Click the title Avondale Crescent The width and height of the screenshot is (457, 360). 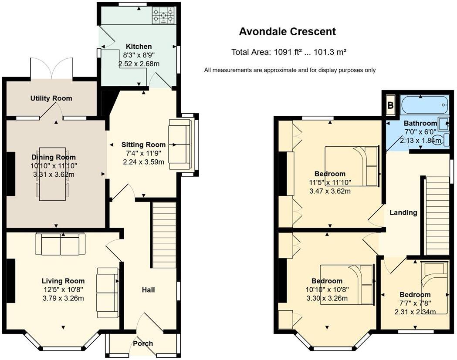click(288, 32)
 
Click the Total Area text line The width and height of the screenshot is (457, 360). click(289, 53)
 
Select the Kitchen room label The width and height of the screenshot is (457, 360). click(139, 47)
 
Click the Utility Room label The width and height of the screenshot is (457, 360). click(51, 98)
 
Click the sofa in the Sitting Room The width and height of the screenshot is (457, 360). click(179, 144)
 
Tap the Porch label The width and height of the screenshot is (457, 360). click(143, 343)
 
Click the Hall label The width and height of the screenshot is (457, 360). click(148, 290)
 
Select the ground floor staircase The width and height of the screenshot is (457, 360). click(164, 235)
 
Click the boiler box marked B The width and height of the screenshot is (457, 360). click(390, 105)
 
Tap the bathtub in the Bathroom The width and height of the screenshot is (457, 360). click(424, 105)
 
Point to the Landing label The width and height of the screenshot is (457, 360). click(403, 213)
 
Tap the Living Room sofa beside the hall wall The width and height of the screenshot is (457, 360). click(108, 290)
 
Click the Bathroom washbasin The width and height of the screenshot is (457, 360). click(444, 124)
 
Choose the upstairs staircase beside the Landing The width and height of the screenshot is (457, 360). click(437, 215)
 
